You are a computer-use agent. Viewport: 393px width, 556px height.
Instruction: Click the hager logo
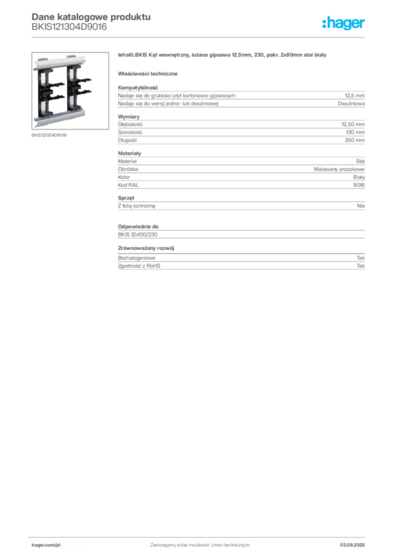(x=343, y=23)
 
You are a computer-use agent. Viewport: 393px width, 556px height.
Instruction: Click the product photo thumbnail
(x=70, y=91)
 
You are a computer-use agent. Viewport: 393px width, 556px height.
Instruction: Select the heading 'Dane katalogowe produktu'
(x=91, y=17)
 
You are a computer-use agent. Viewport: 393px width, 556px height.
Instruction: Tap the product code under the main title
(x=69, y=27)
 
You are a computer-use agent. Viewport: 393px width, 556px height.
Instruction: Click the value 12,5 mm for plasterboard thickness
(x=354, y=96)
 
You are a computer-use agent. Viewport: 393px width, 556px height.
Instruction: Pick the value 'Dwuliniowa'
(x=351, y=104)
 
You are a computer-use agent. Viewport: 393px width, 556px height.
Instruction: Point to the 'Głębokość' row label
(x=130, y=124)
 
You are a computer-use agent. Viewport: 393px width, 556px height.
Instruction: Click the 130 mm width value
(x=355, y=132)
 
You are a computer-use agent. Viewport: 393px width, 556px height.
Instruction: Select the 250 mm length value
(x=354, y=140)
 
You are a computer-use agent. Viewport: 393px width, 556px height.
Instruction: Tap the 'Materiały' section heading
(x=129, y=153)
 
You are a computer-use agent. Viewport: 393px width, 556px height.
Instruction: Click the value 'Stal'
(x=360, y=161)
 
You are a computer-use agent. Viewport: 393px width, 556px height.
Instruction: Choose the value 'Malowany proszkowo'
(x=339, y=169)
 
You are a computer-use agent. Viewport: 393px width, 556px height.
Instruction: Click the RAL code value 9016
(x=359, y=185)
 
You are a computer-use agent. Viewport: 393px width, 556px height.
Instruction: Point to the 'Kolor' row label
(x=124, y=177)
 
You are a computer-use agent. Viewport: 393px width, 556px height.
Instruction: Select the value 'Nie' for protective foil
(x=361, y=206)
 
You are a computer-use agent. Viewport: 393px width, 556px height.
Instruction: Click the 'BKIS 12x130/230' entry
(x=137, y=235)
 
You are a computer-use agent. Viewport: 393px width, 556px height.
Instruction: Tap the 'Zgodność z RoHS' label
(x=139, y=266)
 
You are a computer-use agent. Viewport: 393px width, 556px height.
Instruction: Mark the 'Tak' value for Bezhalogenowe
(x=360, y=258)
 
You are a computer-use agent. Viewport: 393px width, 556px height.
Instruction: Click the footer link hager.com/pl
(x=46, y=545)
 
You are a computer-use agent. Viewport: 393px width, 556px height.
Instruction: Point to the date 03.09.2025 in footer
(x=352, y=545)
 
